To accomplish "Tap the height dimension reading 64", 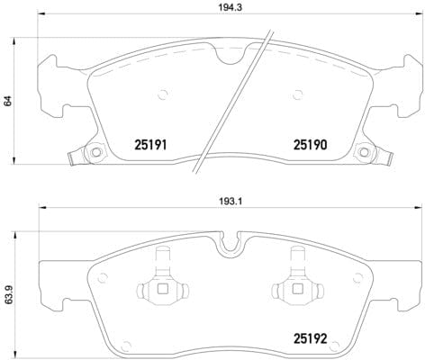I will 8,101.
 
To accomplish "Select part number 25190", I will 309,143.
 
